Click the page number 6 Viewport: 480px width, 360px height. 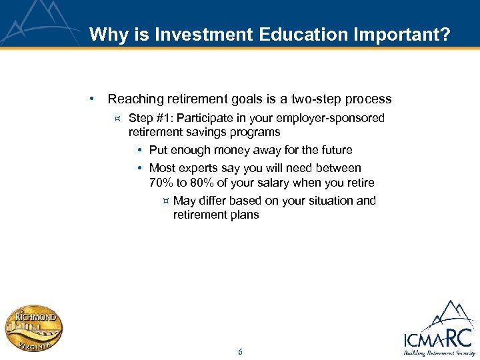click(240, 351)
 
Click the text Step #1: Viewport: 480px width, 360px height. click(151, 118)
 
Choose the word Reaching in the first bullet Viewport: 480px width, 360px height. click(135, 99)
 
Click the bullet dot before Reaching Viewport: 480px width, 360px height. click(91, 99)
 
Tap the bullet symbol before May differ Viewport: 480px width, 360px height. click(165, 201)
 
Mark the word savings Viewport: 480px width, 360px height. click(200, 132)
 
